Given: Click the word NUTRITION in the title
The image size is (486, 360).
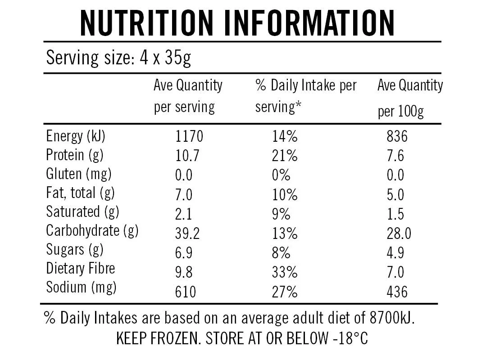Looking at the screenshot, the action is point(146,23).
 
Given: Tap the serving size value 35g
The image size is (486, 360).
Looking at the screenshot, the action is point(178,58).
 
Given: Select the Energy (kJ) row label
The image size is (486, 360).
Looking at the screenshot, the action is point(76,136).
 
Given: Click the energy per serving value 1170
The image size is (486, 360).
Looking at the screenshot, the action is point(189,136).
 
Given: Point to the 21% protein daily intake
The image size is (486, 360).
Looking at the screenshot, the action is point(285,155).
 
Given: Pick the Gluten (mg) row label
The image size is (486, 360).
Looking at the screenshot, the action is point(79,174).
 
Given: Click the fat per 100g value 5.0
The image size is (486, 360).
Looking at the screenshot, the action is point(395,195).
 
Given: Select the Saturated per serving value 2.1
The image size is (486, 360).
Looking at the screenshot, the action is point(183,214).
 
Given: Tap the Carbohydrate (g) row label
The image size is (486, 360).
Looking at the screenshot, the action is point(92,231).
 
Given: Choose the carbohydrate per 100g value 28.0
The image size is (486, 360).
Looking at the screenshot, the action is point(399,234).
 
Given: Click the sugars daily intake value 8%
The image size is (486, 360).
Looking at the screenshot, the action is point(281,253).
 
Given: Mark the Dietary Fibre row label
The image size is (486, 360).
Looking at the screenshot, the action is point(81,268).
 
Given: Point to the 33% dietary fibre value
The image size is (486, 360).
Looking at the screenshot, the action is point(285,272).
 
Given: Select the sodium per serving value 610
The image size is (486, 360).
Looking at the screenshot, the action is point(186,292).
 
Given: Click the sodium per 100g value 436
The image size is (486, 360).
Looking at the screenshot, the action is point(397,292).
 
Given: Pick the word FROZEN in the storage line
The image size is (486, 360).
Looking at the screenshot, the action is point(173,338).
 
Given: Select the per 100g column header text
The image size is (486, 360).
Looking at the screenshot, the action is point(400,112).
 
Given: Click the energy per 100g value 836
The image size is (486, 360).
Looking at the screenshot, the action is point(397,136).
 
